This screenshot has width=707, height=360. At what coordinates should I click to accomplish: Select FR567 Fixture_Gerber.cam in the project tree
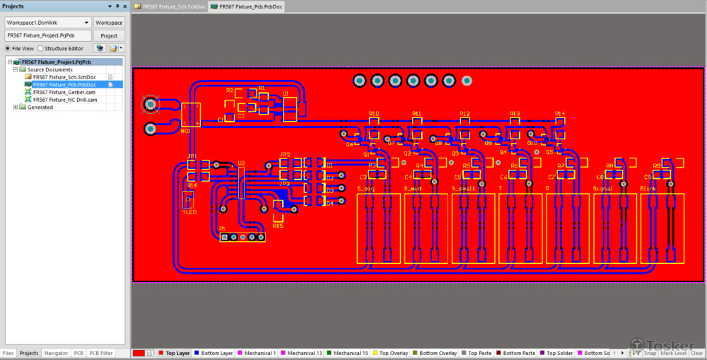pos(64,92)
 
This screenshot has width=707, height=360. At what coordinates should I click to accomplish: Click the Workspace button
pos(109,23)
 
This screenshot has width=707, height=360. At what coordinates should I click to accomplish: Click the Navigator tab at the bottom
pos(56,353)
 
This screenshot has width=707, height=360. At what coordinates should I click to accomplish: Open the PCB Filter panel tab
pos(102,353)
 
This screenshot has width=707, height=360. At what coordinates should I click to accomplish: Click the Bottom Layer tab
pos(216,353)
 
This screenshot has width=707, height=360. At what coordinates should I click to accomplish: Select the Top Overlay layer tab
pos(390,353)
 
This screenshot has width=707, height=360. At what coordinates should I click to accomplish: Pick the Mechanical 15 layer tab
pos(351,353)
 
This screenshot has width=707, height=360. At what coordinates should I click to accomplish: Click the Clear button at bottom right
pos(696,353)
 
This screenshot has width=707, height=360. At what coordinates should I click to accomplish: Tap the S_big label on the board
pos(366,189)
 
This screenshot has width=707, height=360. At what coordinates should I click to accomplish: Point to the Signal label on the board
pos(603,189)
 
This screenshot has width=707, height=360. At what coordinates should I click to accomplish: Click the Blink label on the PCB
pos(648,189)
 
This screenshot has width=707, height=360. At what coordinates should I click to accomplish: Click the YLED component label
pos(189,211)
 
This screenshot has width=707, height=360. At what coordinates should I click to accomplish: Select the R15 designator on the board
pos(277,226)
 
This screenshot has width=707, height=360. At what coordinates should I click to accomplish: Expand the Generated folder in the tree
pos(16,108)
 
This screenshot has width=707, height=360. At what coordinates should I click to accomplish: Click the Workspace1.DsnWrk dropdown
pos(47,23)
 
